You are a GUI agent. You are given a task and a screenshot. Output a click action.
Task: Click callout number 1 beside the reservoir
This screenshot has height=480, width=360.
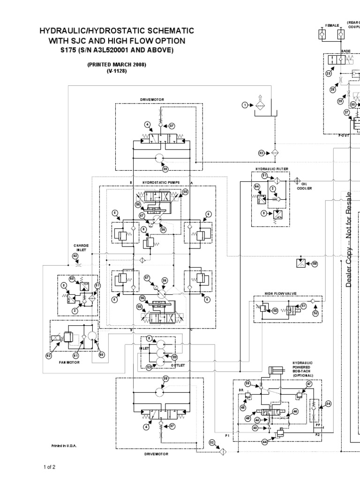coord(245,105)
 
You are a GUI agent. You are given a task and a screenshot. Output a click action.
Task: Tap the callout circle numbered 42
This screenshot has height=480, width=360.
coord(75,256)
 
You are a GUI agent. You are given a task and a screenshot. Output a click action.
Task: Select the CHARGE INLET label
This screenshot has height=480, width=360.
coord(80,247)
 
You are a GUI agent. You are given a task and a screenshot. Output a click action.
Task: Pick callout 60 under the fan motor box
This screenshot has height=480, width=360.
coord(101,355)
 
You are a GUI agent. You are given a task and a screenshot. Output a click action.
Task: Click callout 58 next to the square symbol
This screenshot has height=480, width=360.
coord(315,264)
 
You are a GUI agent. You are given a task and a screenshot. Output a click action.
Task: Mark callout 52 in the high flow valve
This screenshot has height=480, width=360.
coord(315,313)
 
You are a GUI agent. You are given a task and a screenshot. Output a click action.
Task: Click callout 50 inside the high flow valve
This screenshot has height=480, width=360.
coord(275,310)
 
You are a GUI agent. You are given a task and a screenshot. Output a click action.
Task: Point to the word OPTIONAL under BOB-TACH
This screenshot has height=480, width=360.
coord(302,376)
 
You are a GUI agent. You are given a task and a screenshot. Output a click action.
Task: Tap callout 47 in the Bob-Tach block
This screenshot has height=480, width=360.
coord(309,383)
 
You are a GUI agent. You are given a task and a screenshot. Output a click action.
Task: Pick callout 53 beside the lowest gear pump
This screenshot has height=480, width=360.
coord(149,367)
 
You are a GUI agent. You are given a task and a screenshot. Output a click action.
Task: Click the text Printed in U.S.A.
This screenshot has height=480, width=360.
coord(64,446)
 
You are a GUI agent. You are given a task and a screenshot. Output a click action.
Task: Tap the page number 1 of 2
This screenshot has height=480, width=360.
coord(50,467)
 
